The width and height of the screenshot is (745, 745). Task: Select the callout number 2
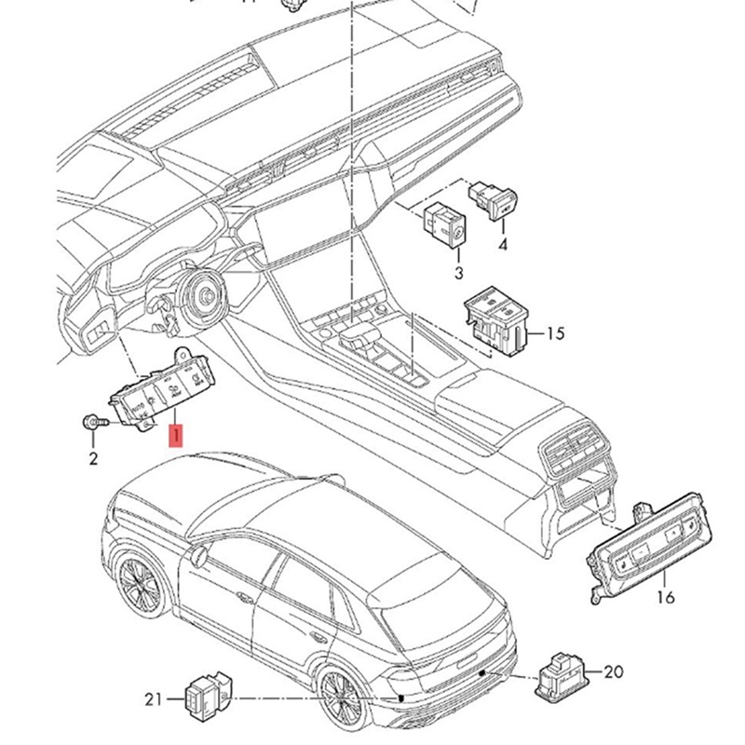pos(93,458)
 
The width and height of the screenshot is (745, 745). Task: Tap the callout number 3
pos(458,273)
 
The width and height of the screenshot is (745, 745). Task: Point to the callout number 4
pos(503,246)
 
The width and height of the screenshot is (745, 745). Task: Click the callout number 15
pos(555,333)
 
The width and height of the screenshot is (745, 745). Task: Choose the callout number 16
pos(666,597)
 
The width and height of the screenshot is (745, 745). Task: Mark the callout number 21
pos(154,698)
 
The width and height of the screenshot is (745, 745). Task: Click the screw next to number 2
pos(93,424)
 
